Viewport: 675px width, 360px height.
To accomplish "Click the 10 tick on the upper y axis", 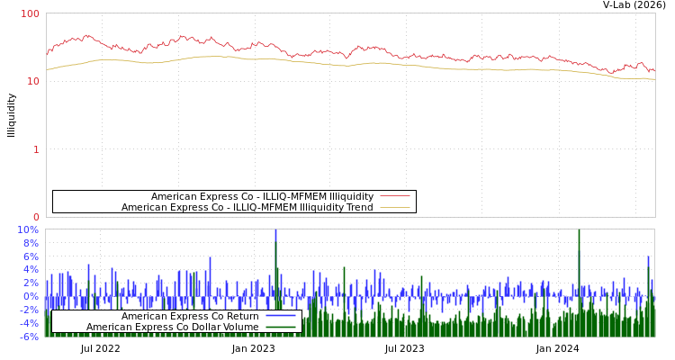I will [34, 81].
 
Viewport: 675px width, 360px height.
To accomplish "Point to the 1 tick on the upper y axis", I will [37, 149].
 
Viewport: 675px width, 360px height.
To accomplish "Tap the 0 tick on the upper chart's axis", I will [37, 217].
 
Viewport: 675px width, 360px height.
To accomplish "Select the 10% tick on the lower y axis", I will [29, 229].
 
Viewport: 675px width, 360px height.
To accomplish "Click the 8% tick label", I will [31, 243].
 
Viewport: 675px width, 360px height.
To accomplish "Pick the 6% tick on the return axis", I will [31, 256].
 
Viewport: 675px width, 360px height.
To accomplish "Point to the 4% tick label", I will [31, 270].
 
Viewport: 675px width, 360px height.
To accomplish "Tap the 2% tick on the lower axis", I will [31, 283].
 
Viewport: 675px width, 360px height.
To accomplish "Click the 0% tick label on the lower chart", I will [31, 296].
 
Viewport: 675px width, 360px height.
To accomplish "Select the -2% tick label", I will [29, 310].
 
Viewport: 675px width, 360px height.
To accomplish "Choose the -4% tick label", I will [29, 323].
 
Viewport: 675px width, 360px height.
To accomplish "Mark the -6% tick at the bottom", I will [29, 337].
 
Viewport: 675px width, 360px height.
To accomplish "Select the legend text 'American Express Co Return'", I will [190, 316].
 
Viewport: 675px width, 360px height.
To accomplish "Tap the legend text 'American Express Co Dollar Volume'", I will [172, 327].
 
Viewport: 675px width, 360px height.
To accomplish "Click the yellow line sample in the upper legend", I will [395, 207].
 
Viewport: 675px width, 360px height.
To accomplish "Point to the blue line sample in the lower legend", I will [281, 316].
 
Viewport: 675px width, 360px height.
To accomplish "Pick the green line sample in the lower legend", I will [281, 327].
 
